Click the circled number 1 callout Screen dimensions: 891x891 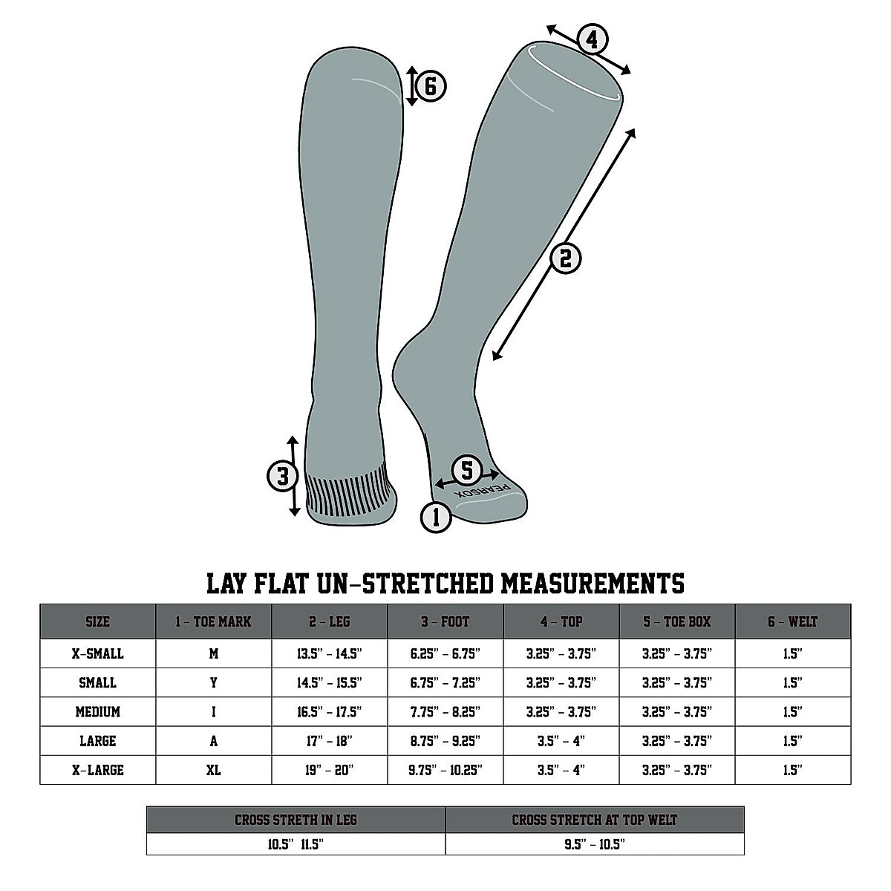coord(436,517)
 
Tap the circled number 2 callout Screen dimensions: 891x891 coord(566,258)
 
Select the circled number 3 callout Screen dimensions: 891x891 coord(282,476)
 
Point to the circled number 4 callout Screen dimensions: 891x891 coord(592,39)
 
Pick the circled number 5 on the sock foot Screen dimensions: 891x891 coord(467,470)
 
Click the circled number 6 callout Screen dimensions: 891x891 coord(431,86)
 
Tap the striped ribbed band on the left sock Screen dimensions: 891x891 coord(346,493)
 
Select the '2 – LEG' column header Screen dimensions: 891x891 coord(330,621)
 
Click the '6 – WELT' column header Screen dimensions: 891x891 coord(793,621)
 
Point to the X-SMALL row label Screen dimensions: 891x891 coord(98,653)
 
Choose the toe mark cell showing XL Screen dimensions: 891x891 coord(214,770)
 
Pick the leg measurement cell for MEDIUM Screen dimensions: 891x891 coord(330,712)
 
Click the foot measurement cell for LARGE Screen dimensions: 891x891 coord(446,741)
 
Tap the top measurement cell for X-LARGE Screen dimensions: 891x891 coord(561,770)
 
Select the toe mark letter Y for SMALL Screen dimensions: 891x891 coord(214,682)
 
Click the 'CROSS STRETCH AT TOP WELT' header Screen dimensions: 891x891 coord(595,820)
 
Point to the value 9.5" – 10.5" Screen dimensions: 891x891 coord(595,844)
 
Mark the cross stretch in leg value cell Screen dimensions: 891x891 coord(296,844)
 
